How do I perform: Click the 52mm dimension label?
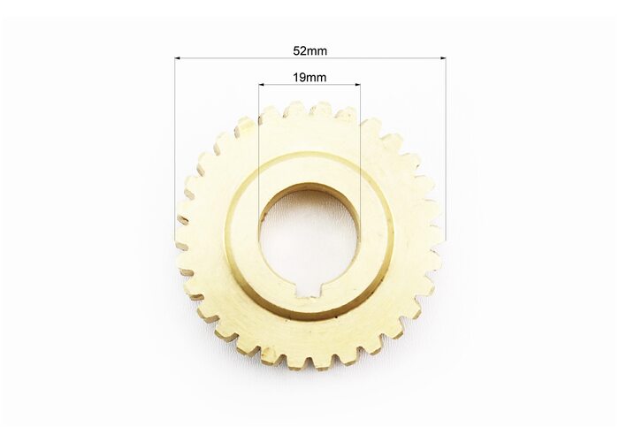309,51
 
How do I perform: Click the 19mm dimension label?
309,78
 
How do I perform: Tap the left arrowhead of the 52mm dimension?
177,58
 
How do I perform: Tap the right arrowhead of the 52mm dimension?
443,58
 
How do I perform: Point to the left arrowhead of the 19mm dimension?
261,85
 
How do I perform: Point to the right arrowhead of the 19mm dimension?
357,85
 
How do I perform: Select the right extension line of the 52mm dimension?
446,149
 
